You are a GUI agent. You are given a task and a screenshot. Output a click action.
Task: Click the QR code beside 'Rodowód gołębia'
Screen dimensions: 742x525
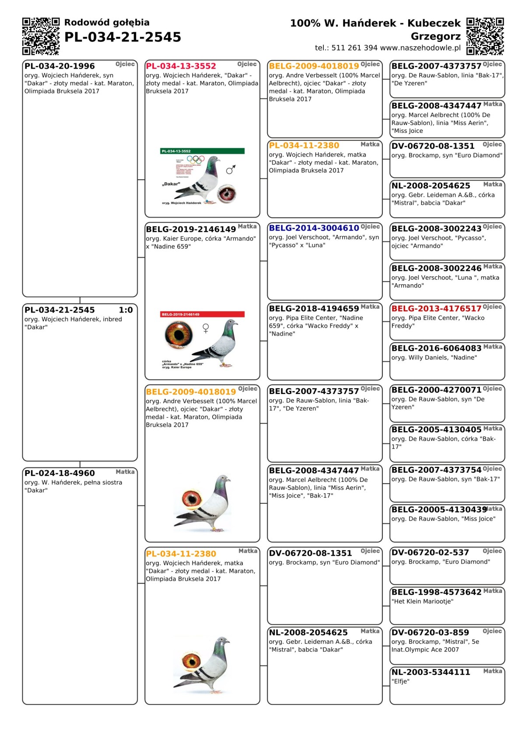click(41, 36)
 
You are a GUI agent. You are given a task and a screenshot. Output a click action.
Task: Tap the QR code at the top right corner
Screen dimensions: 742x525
click(485, 36)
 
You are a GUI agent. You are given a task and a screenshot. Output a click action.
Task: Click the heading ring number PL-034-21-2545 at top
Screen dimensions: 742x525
click(122, 37)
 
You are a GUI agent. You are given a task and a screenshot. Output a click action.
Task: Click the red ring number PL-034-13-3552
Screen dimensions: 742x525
click(181, 66)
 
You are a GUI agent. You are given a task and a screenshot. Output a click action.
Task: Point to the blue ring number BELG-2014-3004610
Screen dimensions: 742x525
click(314, 228)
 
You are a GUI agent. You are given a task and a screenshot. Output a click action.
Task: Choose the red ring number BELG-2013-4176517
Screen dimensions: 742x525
click(436, 308)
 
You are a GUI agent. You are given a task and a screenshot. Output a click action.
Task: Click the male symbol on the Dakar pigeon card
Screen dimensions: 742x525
click(231, 169)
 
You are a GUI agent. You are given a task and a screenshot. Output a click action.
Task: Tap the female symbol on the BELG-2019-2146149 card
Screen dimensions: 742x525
click(206, 328)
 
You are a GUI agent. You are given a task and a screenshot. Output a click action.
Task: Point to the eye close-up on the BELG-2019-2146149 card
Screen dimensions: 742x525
click(178, 334)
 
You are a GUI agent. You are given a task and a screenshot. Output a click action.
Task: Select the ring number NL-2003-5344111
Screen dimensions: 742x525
click(430, 672)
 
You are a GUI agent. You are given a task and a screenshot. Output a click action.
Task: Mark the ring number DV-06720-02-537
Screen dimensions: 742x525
click(430, 553)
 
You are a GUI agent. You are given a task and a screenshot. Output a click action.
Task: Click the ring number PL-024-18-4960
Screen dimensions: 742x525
click(59, 473)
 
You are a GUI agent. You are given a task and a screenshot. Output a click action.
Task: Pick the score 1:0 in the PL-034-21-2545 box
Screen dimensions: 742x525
click(126, 310)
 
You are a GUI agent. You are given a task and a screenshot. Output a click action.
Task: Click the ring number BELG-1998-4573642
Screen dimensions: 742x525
click(436, 592)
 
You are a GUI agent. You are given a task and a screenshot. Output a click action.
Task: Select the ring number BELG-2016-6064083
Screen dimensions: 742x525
click(436, 348)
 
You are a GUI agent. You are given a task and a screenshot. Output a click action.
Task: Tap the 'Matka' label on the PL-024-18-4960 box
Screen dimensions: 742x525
click(125, 472)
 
